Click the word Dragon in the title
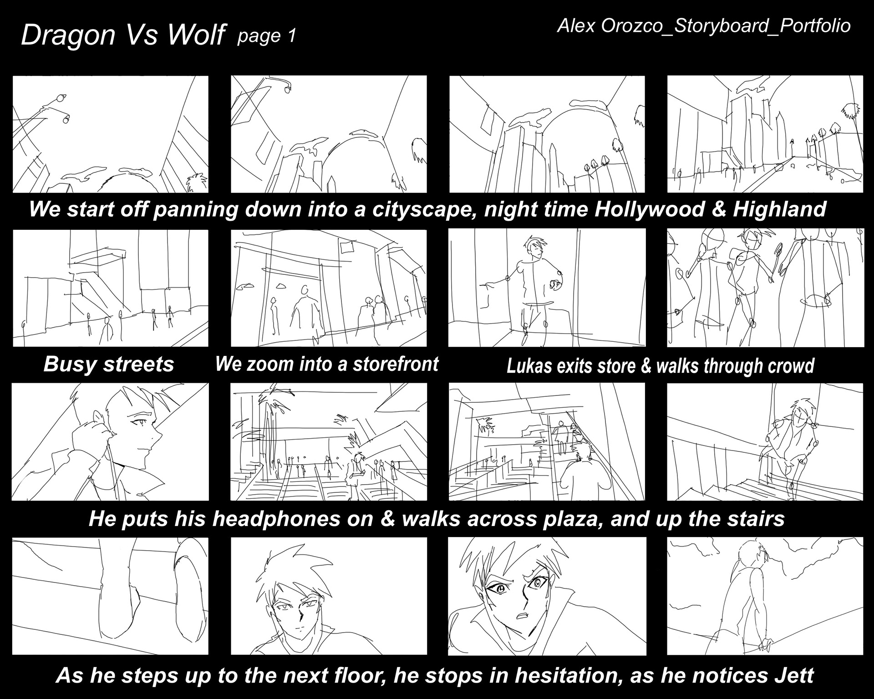tap(68, 35)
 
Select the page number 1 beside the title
tap(291, 35)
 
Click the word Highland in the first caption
tap(779, 209)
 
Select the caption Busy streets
tap(109, 364)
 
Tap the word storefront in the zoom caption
tap(396, 364)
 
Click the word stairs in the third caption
tap(753, 518)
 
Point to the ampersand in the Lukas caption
tap(646, 366)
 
